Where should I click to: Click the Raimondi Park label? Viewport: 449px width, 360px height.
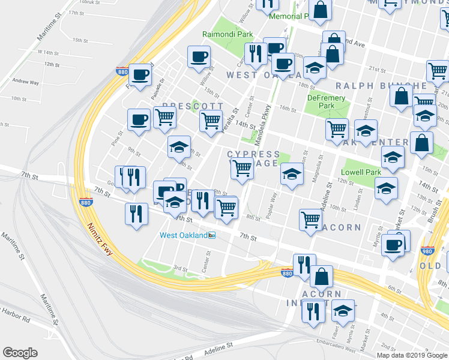point(228,35)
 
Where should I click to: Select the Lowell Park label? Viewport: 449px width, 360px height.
point(361,172)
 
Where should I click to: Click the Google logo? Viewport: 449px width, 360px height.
point(20,353)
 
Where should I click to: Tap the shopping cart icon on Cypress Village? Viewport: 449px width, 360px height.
point(242,169)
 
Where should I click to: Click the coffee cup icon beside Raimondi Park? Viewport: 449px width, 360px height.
point(199,57)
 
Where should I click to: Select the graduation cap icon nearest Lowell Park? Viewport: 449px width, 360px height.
point(386,187)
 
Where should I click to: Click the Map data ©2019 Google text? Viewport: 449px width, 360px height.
point(412,355)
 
